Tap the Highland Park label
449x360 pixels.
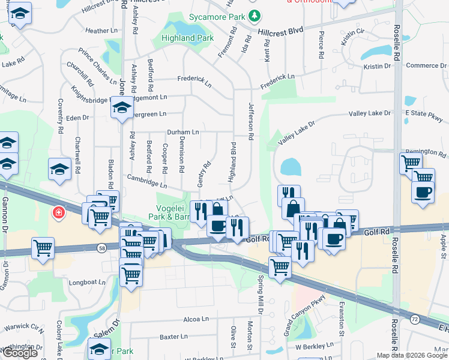pyautogui.click(x=187, y=38)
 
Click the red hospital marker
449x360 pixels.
pyautogui.click(x=59, y=212)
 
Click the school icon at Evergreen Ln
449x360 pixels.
pyautogui.click(x=122, y=108)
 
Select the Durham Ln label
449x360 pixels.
pyautogui.click(x=182, y=131)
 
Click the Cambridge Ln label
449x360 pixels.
pyautogui.click(x=147, y=182)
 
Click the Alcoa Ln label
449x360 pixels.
pyautogui.click(x=196, y=319)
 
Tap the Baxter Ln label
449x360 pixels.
pyautogui.click(x=174, y=337)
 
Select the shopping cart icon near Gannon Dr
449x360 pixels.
pyautogui.click(x=43, y=247)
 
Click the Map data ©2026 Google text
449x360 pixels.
pyautogui.click(x=412, y=355)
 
